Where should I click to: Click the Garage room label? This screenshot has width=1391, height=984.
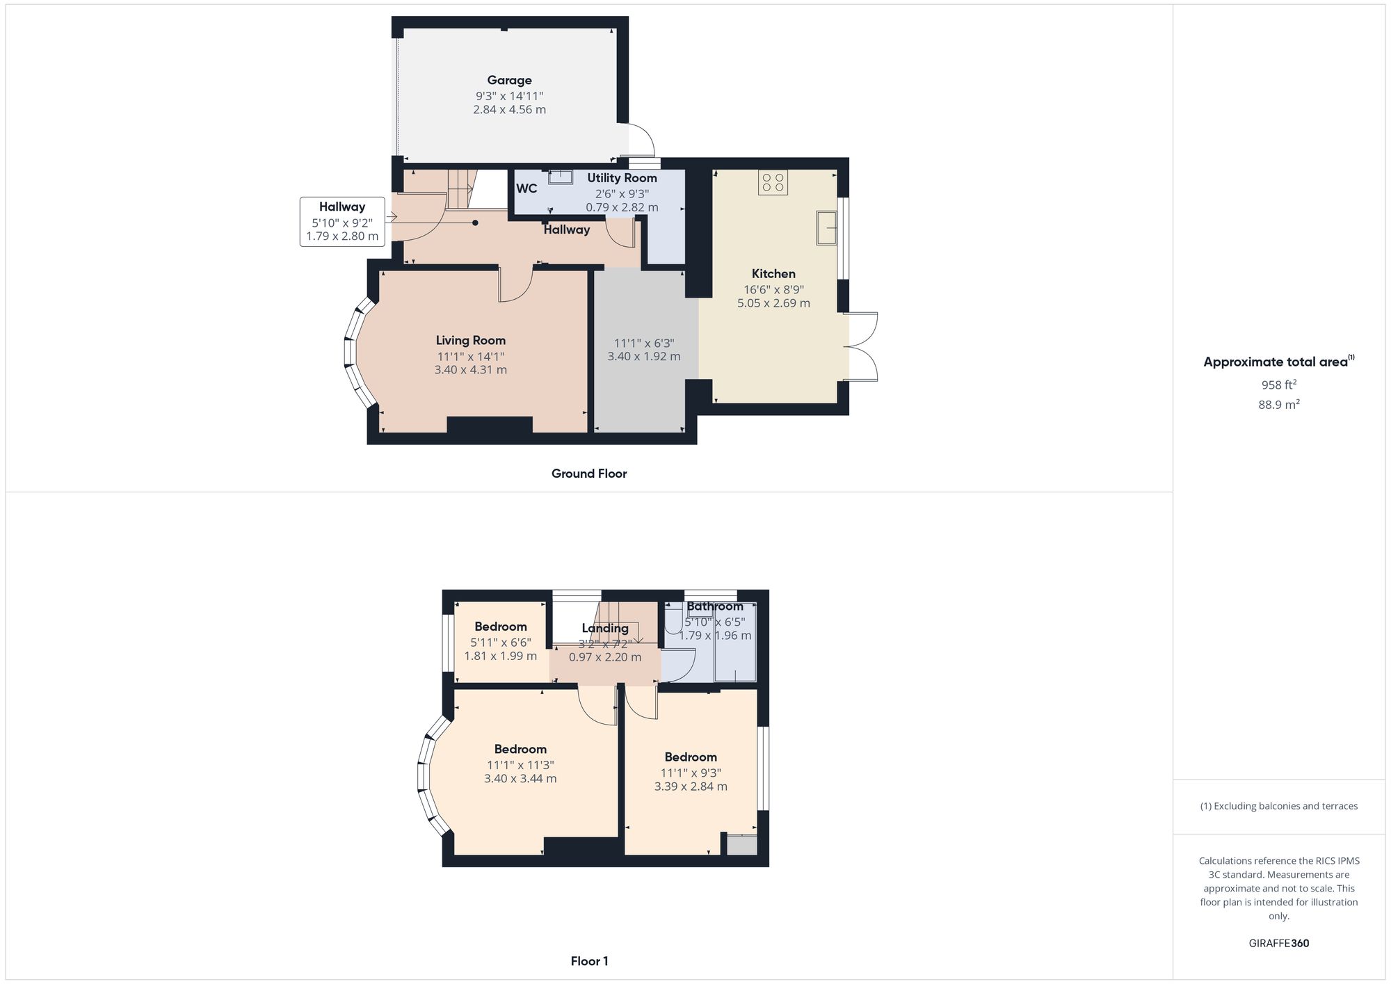[x=509, y=81]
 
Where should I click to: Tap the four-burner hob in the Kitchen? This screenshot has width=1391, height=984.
[x=773, y=182]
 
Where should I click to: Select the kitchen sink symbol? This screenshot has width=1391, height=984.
[x=827, y=227]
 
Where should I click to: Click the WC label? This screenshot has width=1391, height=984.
[x=526, y=188]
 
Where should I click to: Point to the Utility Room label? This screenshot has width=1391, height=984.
[x=622, y=178]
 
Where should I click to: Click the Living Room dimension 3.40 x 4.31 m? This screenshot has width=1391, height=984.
[x=471, y=370]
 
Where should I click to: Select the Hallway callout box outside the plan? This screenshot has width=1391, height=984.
[x=342, y=222]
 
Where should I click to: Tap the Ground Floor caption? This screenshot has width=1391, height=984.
[x=589, y=474]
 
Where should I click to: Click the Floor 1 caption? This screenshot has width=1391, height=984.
[x=589, y=961]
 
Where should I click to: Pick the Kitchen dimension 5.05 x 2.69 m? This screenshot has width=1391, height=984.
[x=773, y=303]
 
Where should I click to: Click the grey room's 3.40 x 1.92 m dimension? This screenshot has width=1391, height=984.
[x=644, y=357]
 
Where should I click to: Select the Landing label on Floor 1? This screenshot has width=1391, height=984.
[x=605, y=628]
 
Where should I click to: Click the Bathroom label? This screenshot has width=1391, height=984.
[x=715, y=606]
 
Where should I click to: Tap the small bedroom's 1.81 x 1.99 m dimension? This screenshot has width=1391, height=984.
[x=501, y=656]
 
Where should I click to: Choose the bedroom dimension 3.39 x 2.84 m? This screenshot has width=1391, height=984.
[x=691, y=787]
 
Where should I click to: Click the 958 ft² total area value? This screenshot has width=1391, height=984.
[x=1278, y=385]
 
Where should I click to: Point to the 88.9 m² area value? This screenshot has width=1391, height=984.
[x=1278, y=404]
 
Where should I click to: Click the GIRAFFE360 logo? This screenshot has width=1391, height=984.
[x=1278, y=943]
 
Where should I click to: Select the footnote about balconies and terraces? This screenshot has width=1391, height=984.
[x=1278, y=806]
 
